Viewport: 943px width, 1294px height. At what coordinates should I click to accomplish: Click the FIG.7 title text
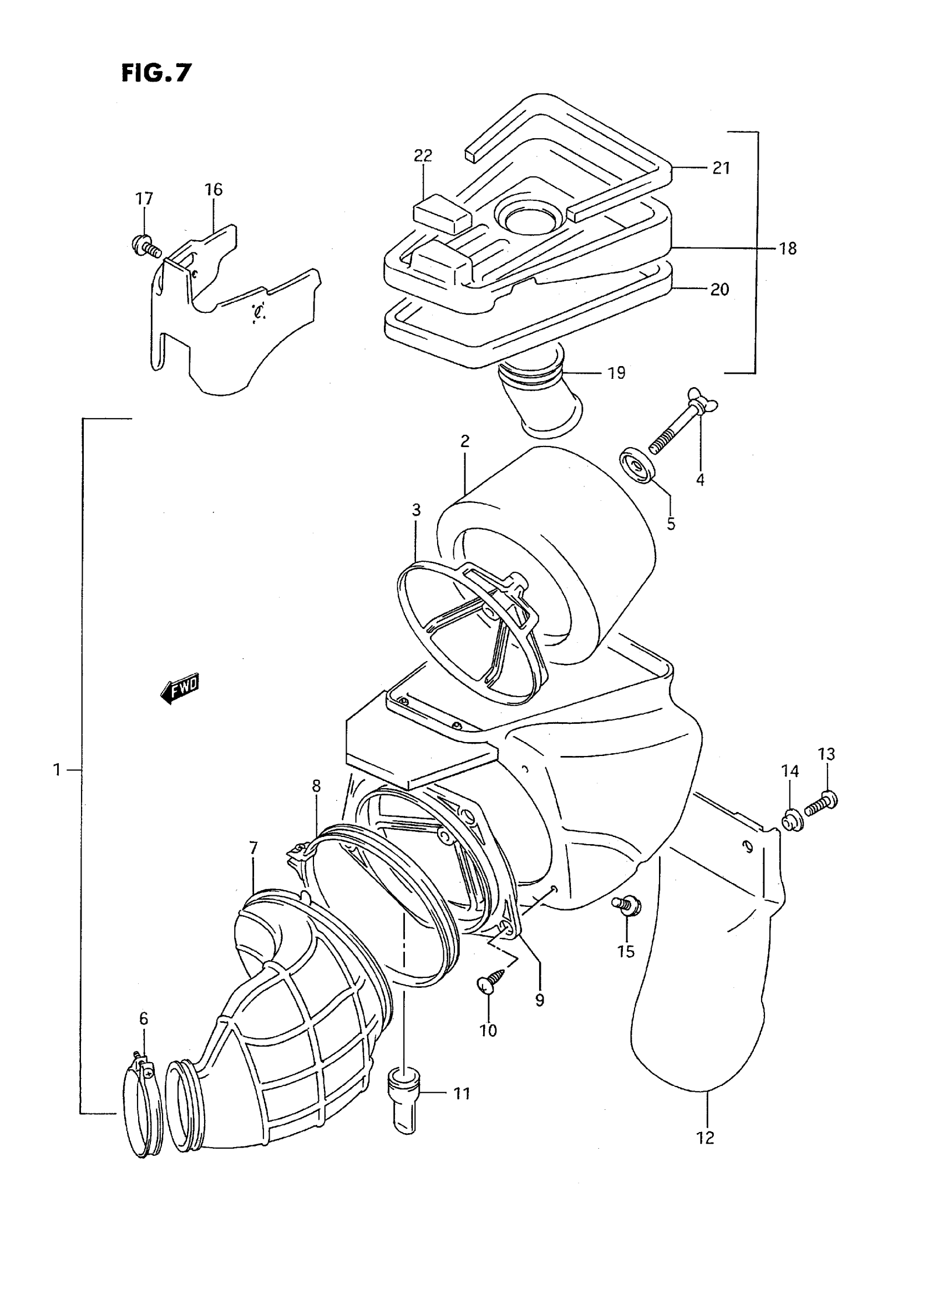(x=156, y=73)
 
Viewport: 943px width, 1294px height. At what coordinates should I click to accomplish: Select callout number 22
(x=423, y=156)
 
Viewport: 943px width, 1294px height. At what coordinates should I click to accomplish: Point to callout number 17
(x=144, y=199)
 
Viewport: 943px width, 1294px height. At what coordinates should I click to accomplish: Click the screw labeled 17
(x=146, y=247)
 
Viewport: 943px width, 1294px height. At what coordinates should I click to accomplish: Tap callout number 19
(x=616, y=373)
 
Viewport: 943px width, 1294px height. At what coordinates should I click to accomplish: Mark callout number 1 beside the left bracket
(x=57, y=770)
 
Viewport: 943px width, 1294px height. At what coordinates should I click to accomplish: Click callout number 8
(x=316, y=786)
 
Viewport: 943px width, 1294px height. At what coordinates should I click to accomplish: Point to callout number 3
(x=416, y=510)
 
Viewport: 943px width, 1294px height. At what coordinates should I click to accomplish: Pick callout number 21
(x=722, y=168)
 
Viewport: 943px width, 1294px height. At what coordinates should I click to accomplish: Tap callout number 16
(x=214, y=190)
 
